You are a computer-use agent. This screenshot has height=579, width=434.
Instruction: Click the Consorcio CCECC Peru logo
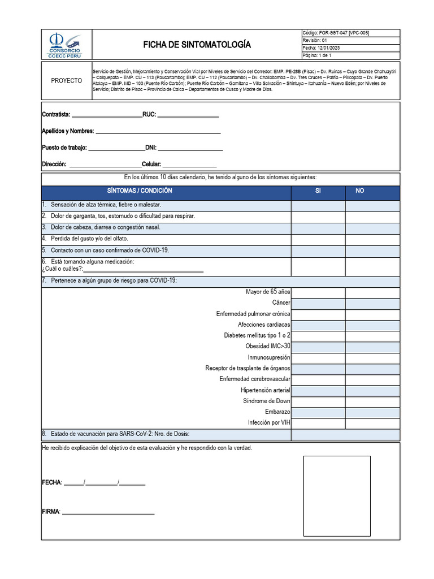click(65, 45)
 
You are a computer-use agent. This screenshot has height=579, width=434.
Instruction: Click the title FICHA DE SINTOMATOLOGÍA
click(197, 45)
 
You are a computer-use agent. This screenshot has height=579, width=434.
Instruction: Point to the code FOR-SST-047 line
click(336, 33)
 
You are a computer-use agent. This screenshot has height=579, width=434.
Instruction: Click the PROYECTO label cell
click(66, 81)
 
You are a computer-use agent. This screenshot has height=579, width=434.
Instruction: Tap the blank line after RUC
click(188, 115)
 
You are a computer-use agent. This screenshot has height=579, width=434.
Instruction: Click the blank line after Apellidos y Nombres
click(158, 132)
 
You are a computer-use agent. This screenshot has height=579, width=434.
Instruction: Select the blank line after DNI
click(190, 148)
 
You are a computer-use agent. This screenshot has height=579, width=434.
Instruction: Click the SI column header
click(318, 191)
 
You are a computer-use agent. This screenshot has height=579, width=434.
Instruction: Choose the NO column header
click(360, 191)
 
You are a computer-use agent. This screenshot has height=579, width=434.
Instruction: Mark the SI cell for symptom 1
click(318, 205)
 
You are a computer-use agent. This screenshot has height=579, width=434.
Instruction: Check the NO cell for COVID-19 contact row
click(372, 250)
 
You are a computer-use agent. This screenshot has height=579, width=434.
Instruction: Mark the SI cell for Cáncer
click(318, 304)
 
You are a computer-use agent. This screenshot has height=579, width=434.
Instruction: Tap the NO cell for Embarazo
click(372, 412)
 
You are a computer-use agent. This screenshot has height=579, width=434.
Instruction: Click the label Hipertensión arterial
click(265, 391)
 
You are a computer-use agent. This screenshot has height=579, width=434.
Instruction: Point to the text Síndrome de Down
click(266, 401)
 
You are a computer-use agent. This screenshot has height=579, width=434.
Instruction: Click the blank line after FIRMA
click(108, 512)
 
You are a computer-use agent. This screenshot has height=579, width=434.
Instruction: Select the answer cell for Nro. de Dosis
click(345, 434)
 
